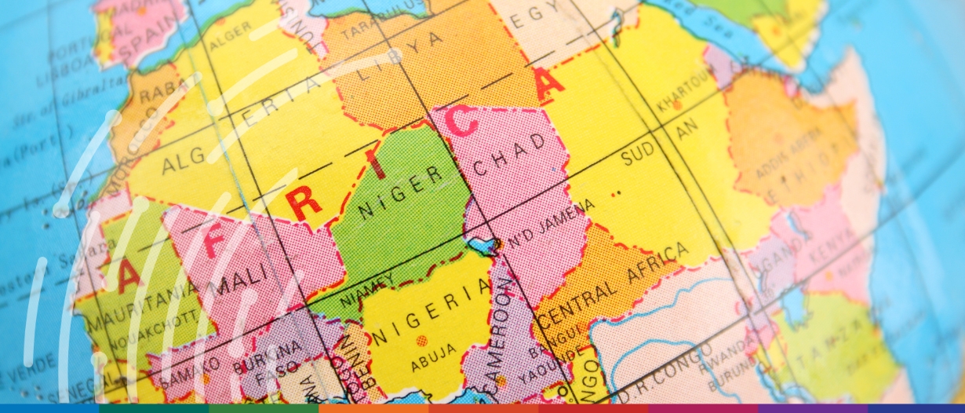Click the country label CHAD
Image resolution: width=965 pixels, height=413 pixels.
pyautogui.click(x=511, y=157)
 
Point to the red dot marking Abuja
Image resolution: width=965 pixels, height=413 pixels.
pyautogui.click(x=422, y=341)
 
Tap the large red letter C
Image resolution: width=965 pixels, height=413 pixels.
pyautogui.click(x=463, y=122)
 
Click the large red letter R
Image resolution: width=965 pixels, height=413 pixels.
pyautogui.click(x=304, y=203)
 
